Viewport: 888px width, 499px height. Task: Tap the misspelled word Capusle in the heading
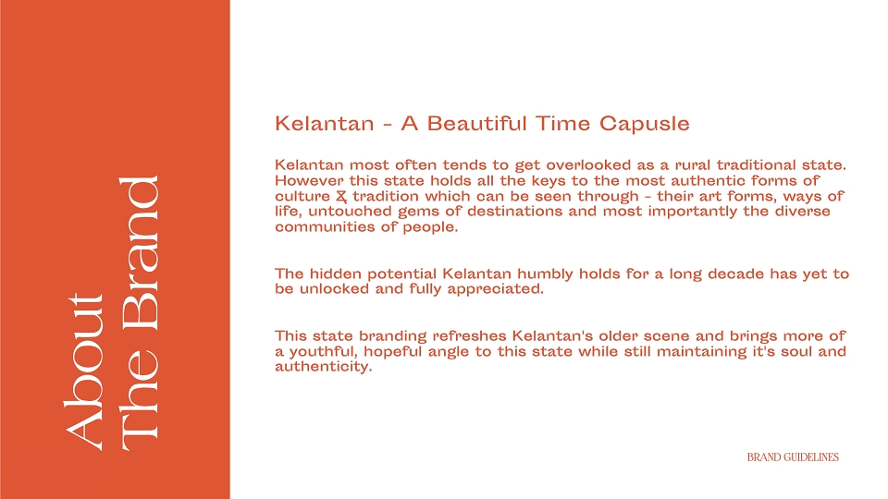click(x=645, y=124)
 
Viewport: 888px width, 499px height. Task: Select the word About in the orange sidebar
click(x=84, y=372)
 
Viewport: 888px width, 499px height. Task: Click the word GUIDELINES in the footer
click(x=810, y=457)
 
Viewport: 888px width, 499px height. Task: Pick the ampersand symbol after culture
click(x=341, y=196)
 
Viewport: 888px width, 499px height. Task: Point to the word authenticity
click(x=324, y=367)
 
